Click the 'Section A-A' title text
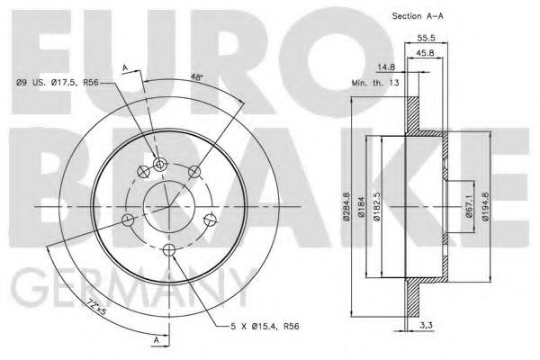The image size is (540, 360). tap(424, 16)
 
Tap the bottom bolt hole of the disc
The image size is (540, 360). tap(168, 249)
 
